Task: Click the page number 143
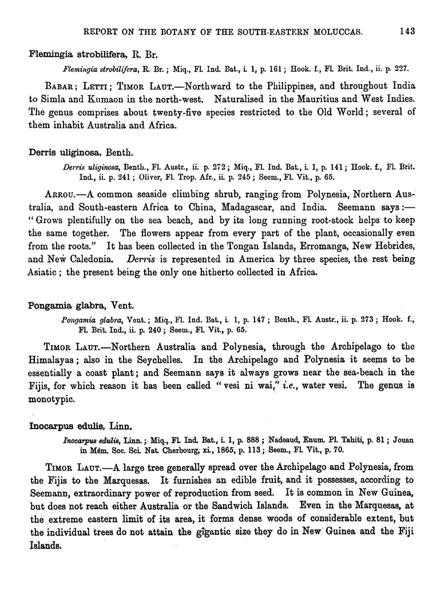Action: (x=407, y=31)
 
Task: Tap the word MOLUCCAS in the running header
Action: (x=334, y=31)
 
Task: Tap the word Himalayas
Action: (x=54, y=359)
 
